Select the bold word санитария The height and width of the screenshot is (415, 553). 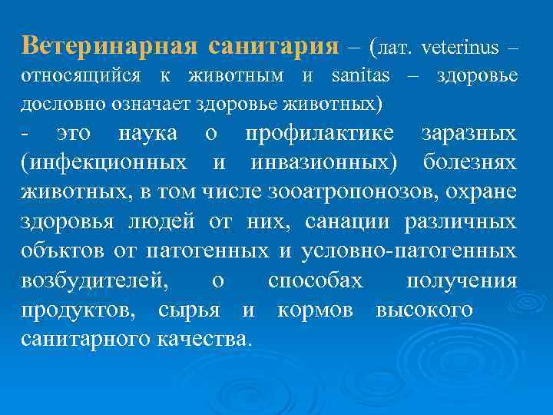pos(273,46)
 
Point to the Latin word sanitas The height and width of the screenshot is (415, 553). pos(361,77)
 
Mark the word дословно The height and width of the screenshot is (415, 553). pos(57,102)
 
